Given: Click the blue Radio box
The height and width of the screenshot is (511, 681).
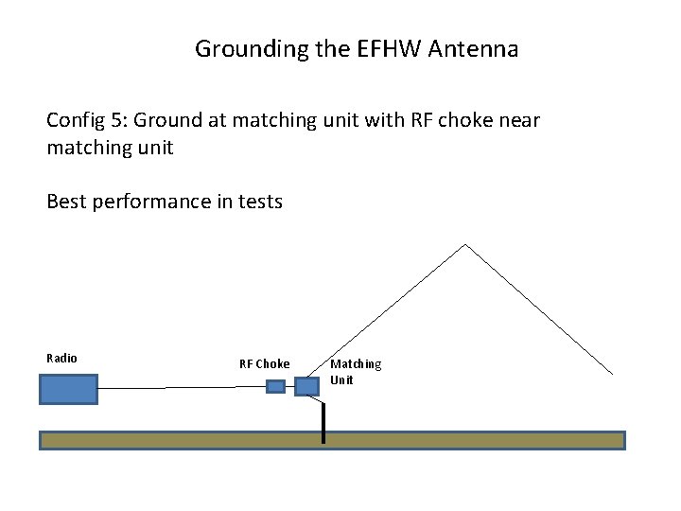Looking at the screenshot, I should [x=68, y=389].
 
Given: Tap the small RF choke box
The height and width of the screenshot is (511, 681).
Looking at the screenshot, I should [x=275, y=386].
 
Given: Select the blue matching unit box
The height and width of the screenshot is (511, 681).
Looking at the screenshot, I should [x=307, y=386].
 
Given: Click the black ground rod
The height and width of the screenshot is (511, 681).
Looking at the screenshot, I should [x=323, y=421].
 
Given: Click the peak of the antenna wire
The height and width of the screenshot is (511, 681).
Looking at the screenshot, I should [x=465, y=245].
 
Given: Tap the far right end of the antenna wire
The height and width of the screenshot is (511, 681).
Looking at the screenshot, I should [x=611, y=372].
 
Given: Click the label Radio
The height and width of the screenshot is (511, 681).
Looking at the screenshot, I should [x=62, y=358].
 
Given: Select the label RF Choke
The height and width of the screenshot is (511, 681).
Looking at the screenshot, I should [x=265, y=363].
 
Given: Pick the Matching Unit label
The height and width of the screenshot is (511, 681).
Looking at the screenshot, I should [x=356, y=371].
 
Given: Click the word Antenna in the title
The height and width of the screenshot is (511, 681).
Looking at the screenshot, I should [x=473, y=49].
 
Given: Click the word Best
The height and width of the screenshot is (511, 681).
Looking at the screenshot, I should [x=66, y=201].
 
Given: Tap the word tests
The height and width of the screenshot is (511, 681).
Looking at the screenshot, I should [x=257, y=201].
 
